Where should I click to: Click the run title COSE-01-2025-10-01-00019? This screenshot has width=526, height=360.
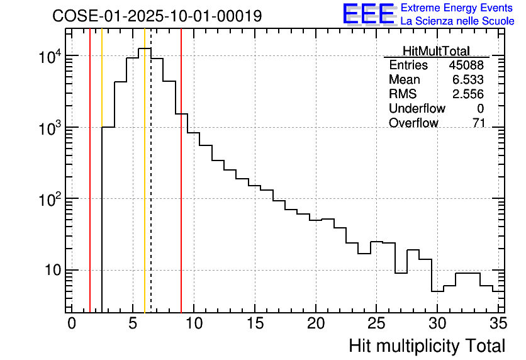(x=157, y=16)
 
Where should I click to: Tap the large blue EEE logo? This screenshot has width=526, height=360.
(x=368, y=14)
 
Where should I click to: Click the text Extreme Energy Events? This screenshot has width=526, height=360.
(x=457, y=8)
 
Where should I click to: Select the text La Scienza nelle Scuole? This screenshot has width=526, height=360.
(x=457, y=21)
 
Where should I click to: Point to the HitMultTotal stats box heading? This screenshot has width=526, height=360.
(x=436, y=51)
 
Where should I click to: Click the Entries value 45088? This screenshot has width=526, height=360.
(x=466, y=65)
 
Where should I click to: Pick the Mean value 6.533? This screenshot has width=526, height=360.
(x=471, y=80)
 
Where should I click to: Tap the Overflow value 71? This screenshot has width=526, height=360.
(x=478, y=123)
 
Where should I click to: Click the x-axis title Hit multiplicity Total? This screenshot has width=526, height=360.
(x=427, y=346)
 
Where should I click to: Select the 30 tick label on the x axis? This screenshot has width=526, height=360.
(x=437, y=323)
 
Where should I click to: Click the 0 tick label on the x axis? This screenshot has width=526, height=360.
(x=72, y=323)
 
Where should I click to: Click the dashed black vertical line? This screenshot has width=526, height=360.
(x=151, y=189)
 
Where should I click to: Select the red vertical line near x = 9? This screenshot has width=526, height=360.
(x=181, y=189)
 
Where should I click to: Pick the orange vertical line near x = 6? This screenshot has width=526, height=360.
(x=145, y=189)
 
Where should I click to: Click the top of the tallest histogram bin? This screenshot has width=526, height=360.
(x=145, y=48)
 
